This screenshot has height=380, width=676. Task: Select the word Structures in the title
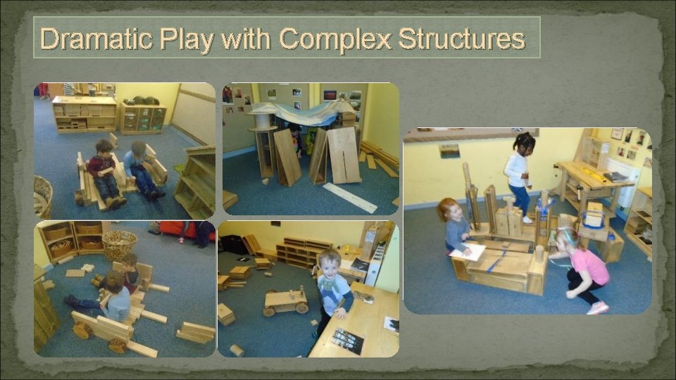click(461, 39)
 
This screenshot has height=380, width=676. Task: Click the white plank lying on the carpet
click(350, 198)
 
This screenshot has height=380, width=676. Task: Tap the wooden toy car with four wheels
click(285, 301)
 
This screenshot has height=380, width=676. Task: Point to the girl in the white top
click(518, 172)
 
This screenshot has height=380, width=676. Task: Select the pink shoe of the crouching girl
click(598, 308)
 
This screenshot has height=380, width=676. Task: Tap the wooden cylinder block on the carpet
click(237, 350)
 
